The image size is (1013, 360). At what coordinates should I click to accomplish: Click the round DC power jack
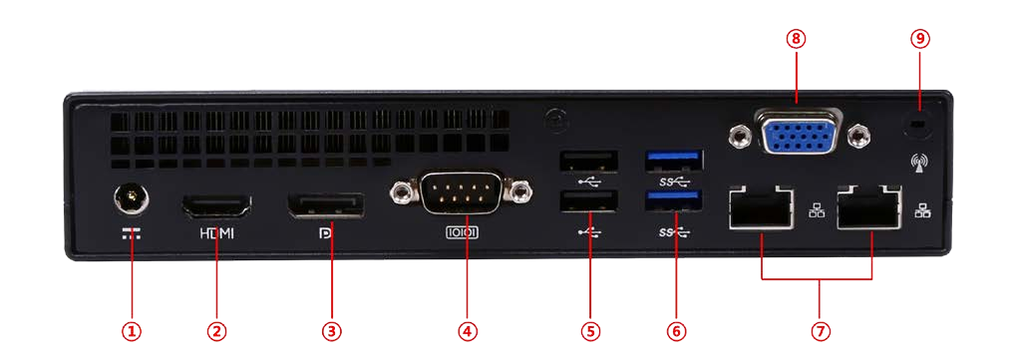132,197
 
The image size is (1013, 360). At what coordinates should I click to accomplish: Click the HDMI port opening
215,206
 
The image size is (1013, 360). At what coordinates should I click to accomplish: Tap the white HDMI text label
216,233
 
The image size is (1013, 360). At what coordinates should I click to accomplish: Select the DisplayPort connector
325,206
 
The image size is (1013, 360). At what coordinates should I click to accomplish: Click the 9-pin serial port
462,191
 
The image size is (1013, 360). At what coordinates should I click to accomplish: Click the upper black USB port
588,161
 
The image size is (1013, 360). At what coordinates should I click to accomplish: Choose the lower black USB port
588,201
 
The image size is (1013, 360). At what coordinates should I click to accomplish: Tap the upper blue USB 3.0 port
674,161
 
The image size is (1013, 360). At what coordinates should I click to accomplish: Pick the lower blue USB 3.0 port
674,201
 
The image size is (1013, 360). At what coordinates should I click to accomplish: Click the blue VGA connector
800,132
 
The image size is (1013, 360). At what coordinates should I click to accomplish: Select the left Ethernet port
761,206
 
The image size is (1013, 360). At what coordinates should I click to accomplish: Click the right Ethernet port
869,206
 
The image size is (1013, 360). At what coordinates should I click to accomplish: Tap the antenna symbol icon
918,165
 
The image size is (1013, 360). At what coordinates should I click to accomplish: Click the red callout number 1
132,331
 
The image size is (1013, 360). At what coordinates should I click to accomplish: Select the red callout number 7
820,331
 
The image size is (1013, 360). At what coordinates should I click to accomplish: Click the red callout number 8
796,39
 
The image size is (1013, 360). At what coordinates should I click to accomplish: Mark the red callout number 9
920,39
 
